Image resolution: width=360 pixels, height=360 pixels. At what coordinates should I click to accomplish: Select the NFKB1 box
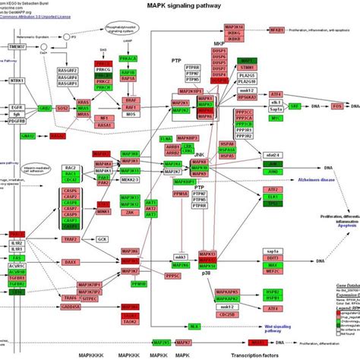(277, 30)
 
